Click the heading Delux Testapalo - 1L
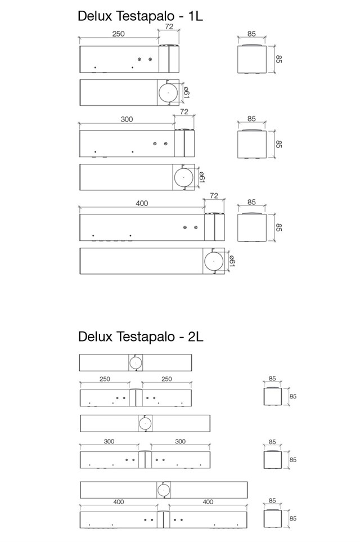click(140, 16)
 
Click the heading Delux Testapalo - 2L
click(141, 337)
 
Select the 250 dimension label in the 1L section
click(118, 34)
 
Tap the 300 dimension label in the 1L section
click(127, 119)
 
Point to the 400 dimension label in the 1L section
click(142, 203)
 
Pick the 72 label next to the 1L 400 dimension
click(214, 195)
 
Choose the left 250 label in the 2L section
click(105, 379)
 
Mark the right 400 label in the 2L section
click(208, 501)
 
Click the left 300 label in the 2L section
click(109, 441)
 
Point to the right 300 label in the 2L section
click(180, 441)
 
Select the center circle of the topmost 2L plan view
click(136, 363)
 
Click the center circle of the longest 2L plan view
click(164, 490)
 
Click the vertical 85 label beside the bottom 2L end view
click(292, 518)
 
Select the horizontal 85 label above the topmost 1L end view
click(251, 34)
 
